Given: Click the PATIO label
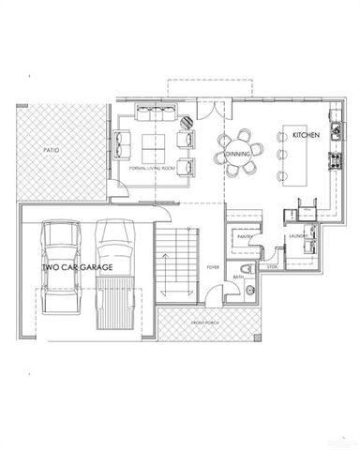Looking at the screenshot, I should click(x=52, y=149).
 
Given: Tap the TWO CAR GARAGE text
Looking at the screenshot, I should click(x=78, y=267).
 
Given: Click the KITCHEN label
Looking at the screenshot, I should click(x=306, y=136).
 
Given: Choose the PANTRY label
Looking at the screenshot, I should click(x=246, y=237).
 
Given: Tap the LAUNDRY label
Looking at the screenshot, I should click(x=299, y=236).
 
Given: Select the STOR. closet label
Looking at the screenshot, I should click(x=273, y=268).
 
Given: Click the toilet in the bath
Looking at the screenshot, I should click(x=250, y=291).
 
